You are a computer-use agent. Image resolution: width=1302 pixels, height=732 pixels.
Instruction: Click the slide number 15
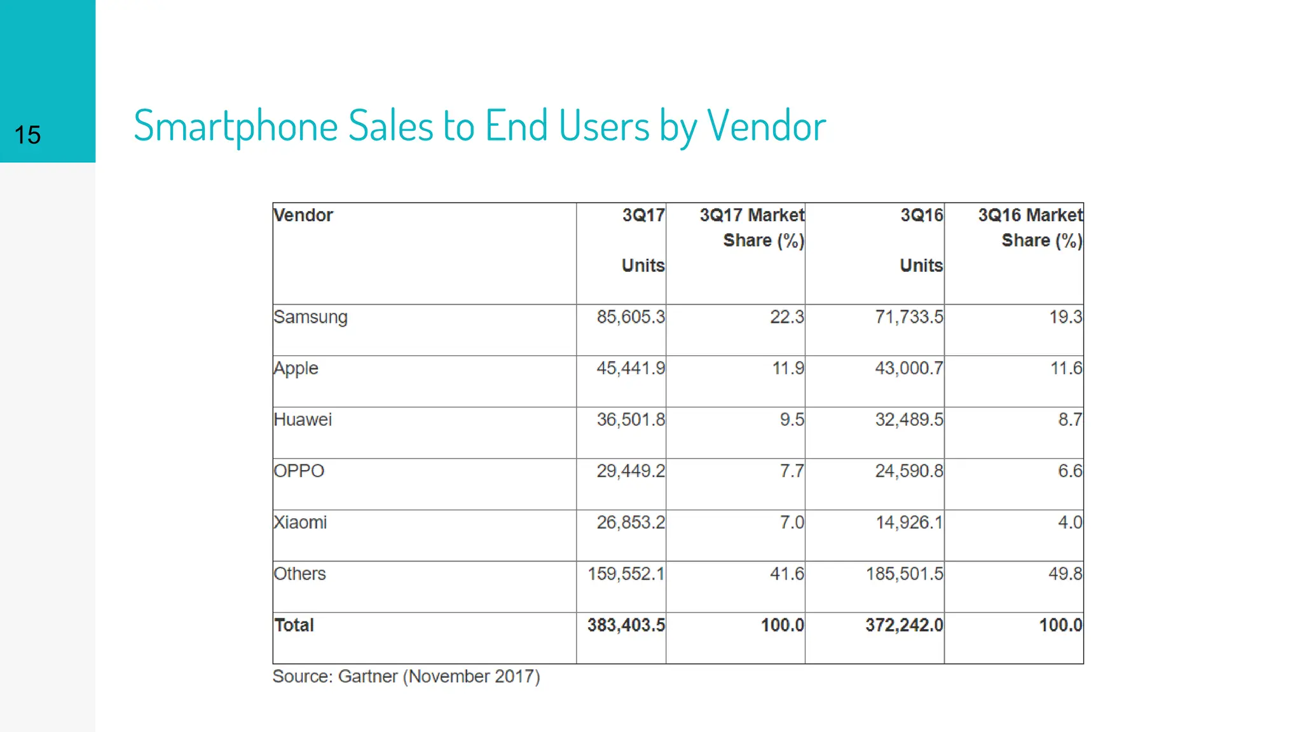coord(27,135)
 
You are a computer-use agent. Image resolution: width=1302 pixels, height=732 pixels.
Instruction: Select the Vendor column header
coord(303,215)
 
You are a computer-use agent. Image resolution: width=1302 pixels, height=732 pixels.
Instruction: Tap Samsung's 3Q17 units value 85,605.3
coord(630,317)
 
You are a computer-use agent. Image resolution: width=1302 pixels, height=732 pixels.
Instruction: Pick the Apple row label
coord(296,369)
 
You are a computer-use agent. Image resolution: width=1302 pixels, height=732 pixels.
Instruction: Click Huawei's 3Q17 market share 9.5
coord(791,420)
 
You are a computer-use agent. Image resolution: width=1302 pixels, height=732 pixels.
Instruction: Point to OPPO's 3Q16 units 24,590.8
coord(908,471)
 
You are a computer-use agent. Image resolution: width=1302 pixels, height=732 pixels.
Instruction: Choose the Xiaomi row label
coord(300,523)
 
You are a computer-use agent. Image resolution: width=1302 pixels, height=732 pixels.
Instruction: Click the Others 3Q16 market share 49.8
coord(1065,574)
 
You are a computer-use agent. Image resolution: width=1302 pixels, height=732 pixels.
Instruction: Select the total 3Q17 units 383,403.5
coord(626,625)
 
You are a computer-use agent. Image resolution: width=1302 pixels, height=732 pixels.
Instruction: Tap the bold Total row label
coord(294,625)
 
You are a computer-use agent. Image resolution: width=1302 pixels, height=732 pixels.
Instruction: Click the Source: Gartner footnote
coord(406,677)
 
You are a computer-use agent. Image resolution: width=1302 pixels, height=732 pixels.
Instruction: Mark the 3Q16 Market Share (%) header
coord(1030,227)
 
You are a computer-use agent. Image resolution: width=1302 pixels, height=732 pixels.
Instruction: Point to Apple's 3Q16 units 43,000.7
coord(908,369)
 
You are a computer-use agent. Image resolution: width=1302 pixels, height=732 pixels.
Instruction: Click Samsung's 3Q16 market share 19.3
coord(1065,317)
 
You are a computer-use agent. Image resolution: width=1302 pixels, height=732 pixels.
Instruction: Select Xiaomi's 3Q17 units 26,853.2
coord(630,523)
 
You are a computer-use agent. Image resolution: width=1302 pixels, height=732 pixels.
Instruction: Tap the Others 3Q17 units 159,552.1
coord(626,574)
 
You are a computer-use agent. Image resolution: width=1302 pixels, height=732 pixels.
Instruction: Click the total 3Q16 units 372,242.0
coord(903,625)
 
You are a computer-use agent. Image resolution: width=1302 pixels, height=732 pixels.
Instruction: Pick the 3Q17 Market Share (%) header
coord(752,227)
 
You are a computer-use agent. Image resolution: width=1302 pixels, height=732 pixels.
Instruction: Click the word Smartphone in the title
coord(235,126)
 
